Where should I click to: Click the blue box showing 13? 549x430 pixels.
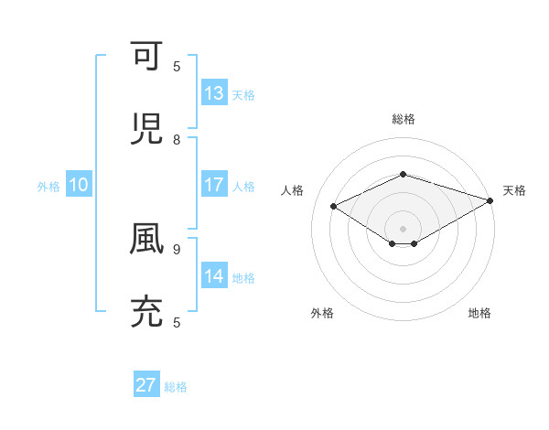click(x=214, y=93)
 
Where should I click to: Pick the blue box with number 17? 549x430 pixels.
click(x=214, y=185)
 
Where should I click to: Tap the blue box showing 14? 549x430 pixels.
click(x=214, y=276)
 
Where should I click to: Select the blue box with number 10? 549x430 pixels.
click(x=79, y=185)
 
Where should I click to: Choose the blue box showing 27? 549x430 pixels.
click(x=146, y=385)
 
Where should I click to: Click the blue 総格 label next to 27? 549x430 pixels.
click(x=176, y=387)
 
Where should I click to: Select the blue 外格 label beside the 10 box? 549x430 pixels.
click(x=48, y=187)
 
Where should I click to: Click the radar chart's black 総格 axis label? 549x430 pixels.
click(x=403, y=119)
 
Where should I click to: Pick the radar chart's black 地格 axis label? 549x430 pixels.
click(x=479, y=313)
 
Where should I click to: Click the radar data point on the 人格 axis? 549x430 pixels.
click(x=334, y=207)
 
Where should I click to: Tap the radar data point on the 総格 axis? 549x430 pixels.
click(x=403, y=174)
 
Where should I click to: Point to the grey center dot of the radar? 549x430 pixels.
click(x=403, y=227)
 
